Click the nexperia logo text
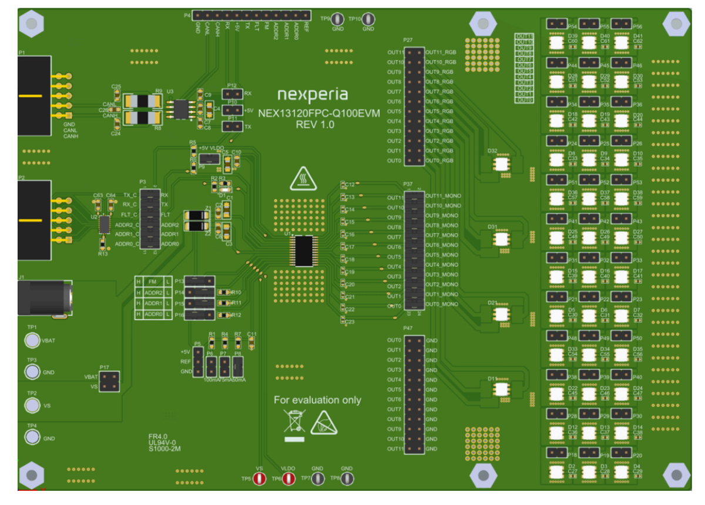(312, 95)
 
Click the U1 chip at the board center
(304, 251)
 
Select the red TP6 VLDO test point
(288, 479)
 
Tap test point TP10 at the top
(368, 19)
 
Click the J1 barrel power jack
(44, 297)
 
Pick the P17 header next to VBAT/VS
(109, 382)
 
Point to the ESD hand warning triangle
(324, 422)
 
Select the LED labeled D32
(502, 163)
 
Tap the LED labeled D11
(501, 389)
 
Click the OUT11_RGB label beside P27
(441, 52)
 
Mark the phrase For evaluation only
(317, 400)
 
